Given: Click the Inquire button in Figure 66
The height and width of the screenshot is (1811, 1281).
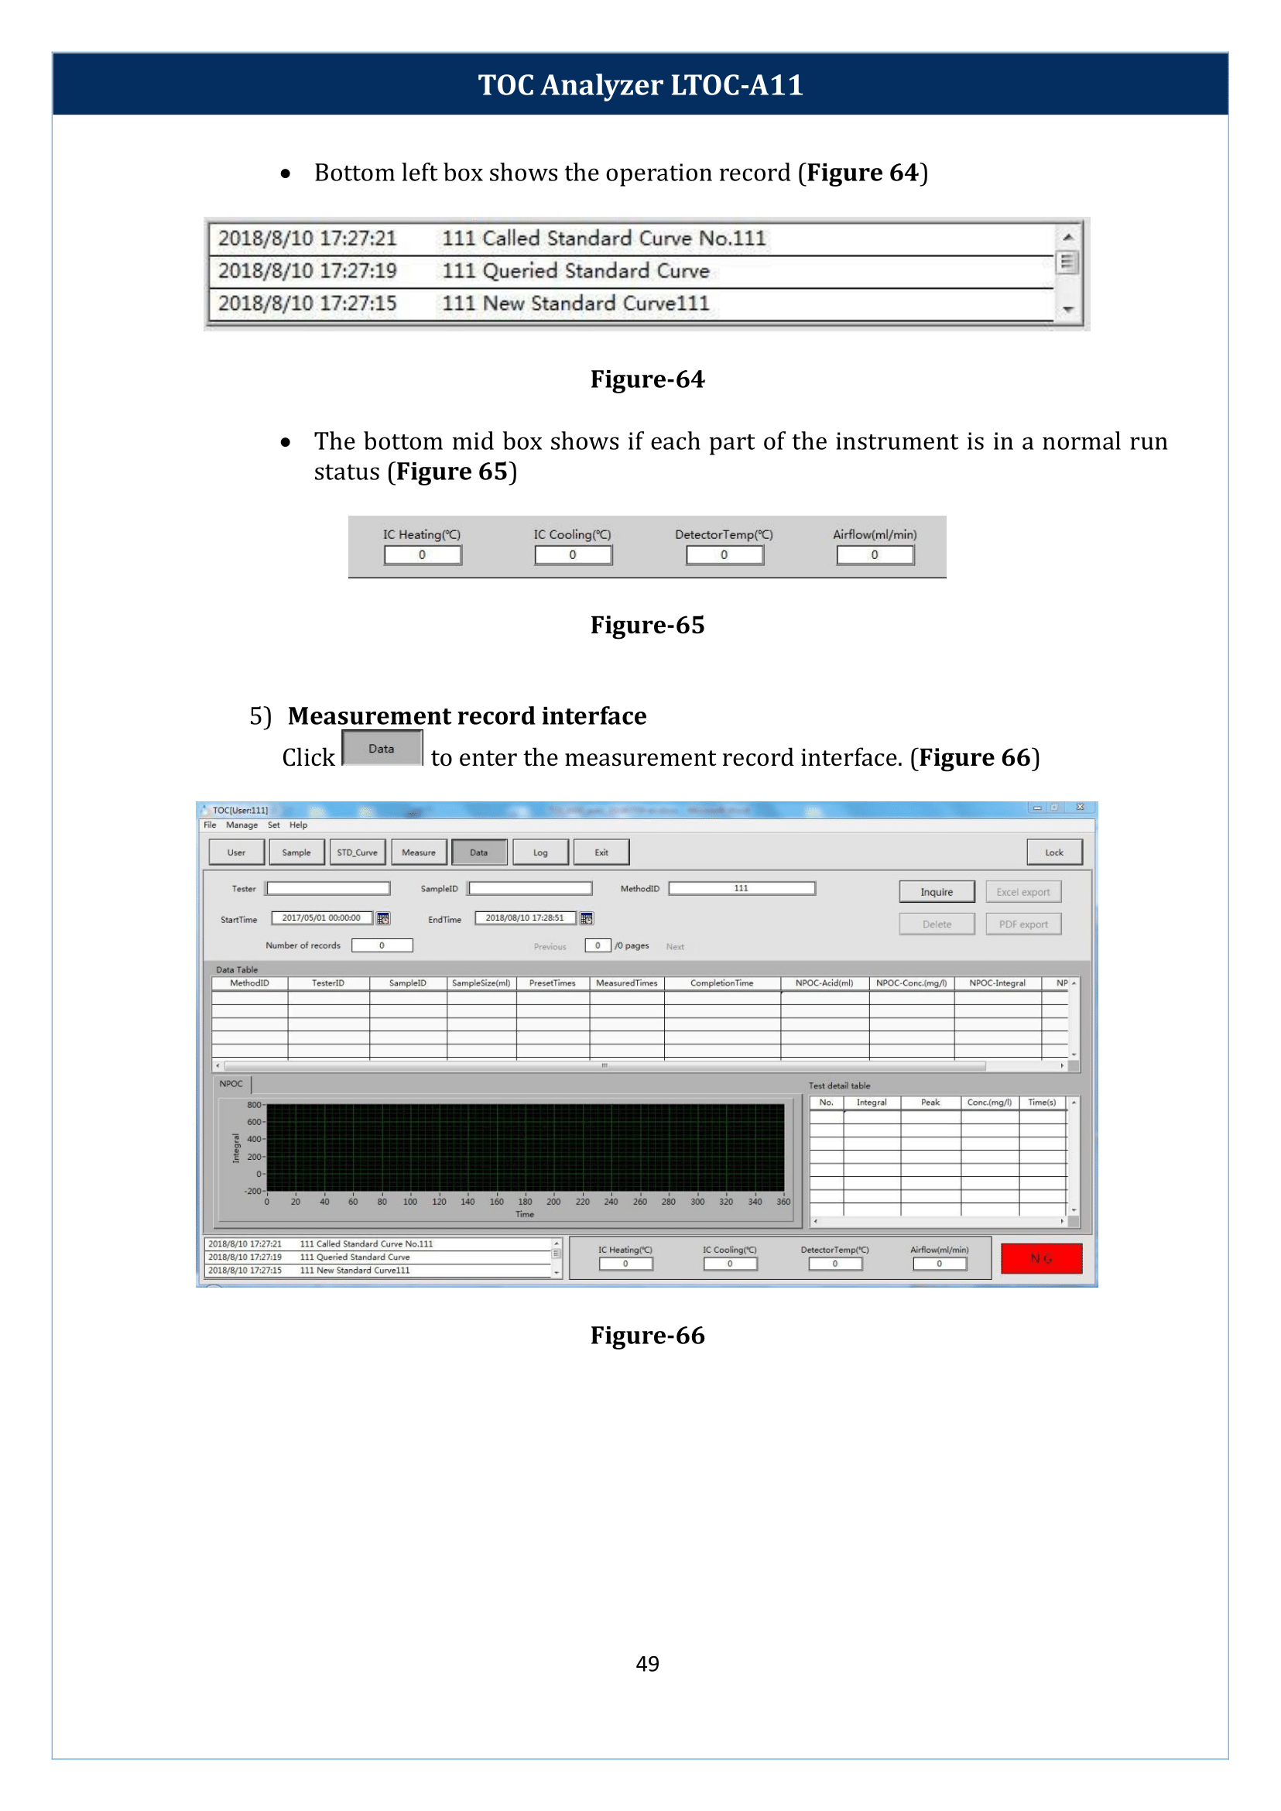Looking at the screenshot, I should pos(937,892).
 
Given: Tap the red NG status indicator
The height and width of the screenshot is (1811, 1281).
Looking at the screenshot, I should pos(1040,1259).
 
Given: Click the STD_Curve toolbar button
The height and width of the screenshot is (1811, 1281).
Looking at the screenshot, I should pos(358,852).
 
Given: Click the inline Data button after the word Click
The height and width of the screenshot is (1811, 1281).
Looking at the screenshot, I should pos(382,748).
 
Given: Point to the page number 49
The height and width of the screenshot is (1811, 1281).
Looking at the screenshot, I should pos(647,1663).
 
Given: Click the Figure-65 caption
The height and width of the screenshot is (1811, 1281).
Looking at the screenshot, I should pos(647,625).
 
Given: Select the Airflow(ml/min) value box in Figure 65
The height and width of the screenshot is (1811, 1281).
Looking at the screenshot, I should pos(874,554).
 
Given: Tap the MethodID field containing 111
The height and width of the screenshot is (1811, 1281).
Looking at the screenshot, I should pos(741,889).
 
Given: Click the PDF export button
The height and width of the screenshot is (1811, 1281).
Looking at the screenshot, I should pos(1022,924).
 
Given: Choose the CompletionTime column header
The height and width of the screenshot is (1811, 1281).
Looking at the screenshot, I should pos(721,983).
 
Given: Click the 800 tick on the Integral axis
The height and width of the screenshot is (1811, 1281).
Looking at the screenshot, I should pos(254,1105).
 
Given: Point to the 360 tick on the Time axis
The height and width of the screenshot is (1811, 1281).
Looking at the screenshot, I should pos(783,1202).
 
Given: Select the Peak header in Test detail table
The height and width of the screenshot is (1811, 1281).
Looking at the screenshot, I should pos(930,1103).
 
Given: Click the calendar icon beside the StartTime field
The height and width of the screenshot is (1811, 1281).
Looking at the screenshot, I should pos(383,918).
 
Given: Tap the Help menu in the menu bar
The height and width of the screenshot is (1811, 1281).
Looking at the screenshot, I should pos(298,825).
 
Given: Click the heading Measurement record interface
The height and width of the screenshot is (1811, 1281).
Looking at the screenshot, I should pos(467,715).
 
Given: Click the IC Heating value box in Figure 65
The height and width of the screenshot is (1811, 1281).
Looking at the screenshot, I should pos(422,554).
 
